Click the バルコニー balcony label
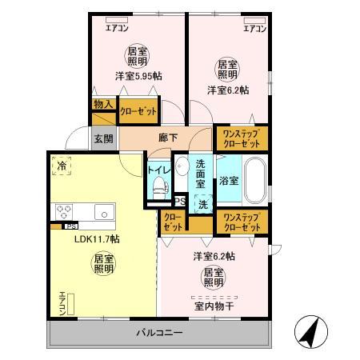pyautogui.click(x=158, y=332)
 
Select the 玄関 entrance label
pyautogui.click(x=104, y=138)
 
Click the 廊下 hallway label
pyautogui.click(x=167, y=137)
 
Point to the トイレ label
pyautogui.click(x=156, y=170)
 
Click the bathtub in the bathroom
pyautogui.click(x=254, y=182)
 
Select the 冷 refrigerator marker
pyautogui.click(x=62, y=166)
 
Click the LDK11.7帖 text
pyautogui.click(x=97, y=238)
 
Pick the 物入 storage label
pyautogui.click(x=102, y=104)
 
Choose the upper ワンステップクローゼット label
pyautogui.click(x=241, y=137)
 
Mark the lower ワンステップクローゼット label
pyautogui.click(x=241, y=222)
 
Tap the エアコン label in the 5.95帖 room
pyautogui.click(x=118, y=29)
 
